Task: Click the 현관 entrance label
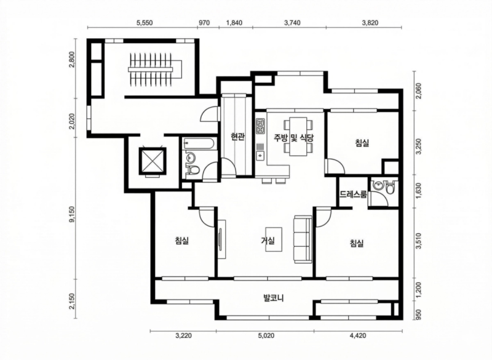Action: pos(237,137)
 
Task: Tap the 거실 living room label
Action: pos(268,241)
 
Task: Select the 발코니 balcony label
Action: pos(274,298)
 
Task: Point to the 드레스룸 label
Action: pos(353,194)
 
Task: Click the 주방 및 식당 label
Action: pos(294,138)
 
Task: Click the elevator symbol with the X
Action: pos(152,162)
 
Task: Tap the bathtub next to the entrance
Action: pos(199,144)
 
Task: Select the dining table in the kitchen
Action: pos(298,136)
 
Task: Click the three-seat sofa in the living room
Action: pos(303,239)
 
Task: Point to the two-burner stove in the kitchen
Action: pos(260,126)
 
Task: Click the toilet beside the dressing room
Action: pos(390,188)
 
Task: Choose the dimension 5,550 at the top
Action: pos(145,23)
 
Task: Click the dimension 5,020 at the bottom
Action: pos(266,336)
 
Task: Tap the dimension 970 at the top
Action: pos(204,23)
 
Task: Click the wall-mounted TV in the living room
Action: pos(220,239)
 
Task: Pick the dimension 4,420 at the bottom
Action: pos(358,336)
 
